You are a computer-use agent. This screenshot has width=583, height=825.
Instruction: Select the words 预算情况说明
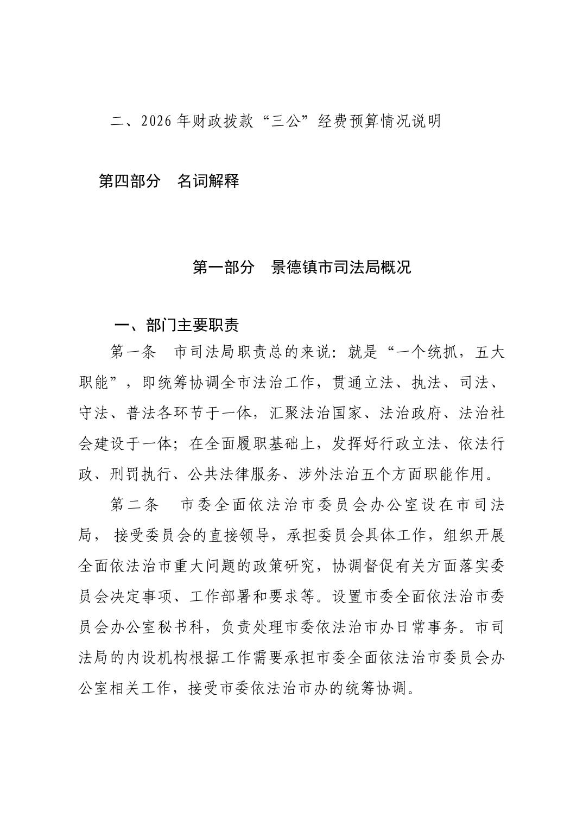394,121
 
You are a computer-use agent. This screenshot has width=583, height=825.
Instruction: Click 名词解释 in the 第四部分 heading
208,181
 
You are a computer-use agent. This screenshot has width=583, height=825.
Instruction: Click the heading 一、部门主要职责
177,325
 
